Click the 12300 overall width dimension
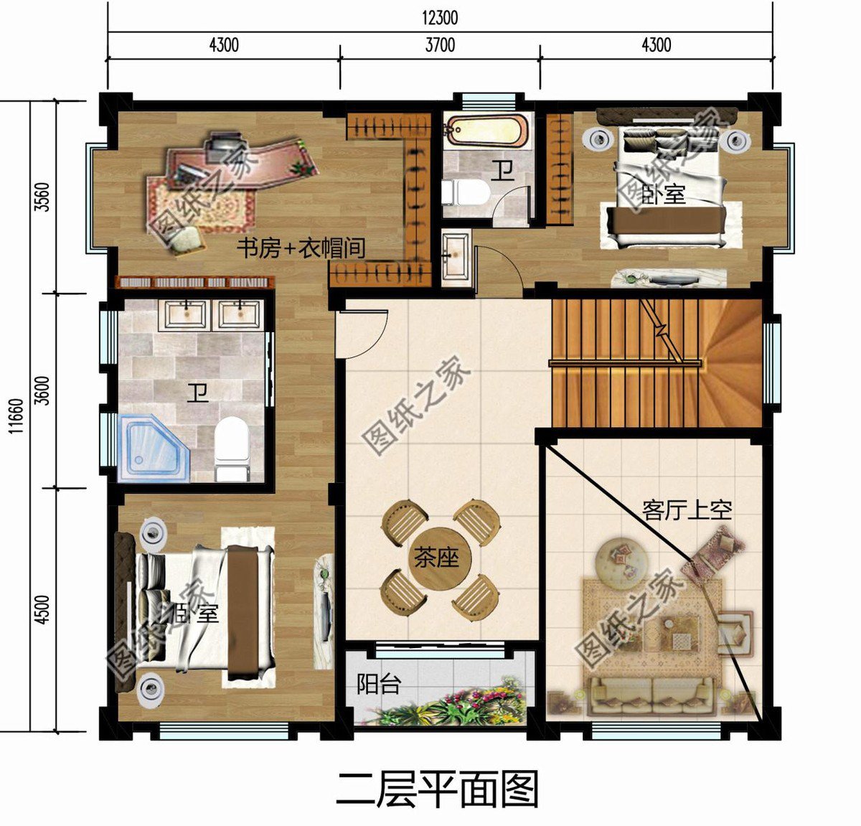point(440,17)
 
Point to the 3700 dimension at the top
point(440,45)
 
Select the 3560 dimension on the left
point(42,197)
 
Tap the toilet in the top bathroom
point(465,192)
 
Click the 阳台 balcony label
point(378,685)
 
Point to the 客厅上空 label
point(687,510)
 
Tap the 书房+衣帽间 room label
point(301,249)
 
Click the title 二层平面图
point(437,789)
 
